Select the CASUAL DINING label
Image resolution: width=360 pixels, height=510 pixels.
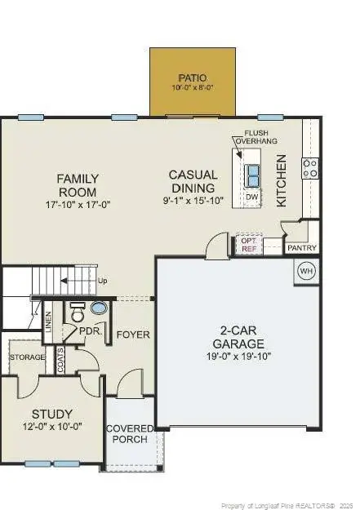pos(193,181)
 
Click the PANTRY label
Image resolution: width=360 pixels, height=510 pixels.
pos(300,248)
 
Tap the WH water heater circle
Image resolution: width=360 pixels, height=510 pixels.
pos(306,270)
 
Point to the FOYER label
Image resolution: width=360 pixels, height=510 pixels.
pos(132,334)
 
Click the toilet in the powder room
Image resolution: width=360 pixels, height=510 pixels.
pos(78,314)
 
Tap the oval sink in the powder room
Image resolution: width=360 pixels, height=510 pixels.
pos(99,309)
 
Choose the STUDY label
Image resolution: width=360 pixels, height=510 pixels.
pos(52,415)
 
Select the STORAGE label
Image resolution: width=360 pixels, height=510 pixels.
pos(26,357)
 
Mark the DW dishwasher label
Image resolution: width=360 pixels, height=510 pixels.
pos(252,197)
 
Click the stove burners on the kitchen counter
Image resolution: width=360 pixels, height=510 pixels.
pos(310,168)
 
